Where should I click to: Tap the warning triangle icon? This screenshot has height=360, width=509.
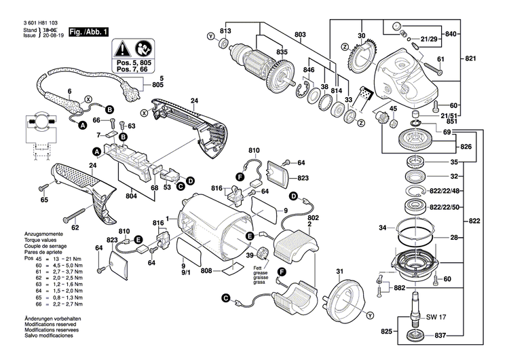121,48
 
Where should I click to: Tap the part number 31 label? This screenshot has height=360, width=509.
339,273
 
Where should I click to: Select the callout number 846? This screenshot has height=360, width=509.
309,71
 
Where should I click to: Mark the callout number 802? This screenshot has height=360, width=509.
313,219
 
